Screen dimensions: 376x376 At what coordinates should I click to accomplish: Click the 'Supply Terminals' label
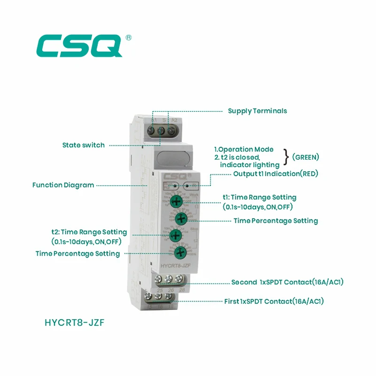click(257, 111)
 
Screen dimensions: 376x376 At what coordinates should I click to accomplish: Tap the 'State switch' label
click(84, 145)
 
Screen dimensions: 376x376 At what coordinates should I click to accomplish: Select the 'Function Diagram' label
click(63, 185)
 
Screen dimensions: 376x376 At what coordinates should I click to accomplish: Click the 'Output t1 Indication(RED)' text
click(275, 174)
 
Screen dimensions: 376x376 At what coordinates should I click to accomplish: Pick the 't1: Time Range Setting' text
click(259, 197)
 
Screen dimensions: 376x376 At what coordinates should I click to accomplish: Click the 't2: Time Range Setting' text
click(89, 232)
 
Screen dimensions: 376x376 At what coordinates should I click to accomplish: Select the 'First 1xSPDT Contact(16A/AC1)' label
click(274, 301)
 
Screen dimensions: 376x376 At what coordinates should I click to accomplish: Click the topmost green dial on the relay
click(176, 202)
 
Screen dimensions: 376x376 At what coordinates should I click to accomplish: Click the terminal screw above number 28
click(178, 280)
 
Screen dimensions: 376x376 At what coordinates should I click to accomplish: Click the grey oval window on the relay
click(173, 157)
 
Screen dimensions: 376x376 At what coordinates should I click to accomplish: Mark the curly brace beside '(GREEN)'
click(285, 157)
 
